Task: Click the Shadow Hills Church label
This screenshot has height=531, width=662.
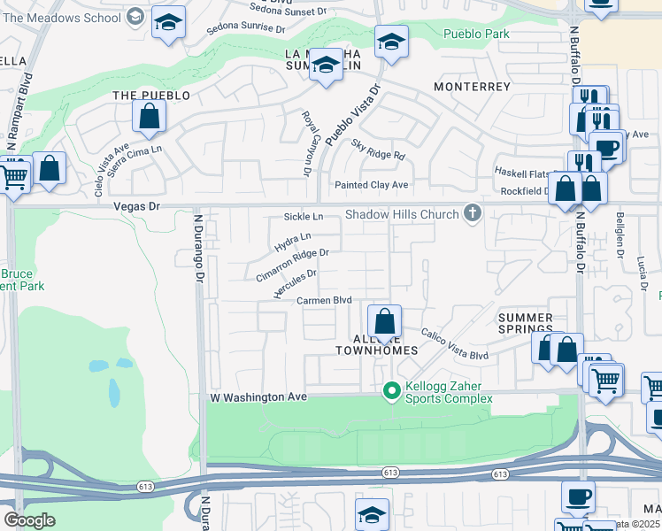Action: pyautogui.click(x=402, y=214)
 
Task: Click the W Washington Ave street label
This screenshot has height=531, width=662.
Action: pyautogui.click(x=258, y=398)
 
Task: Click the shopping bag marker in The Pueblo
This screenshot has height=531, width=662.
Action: pyautogui.click(x=150, y=116)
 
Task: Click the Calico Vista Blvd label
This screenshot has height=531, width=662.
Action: pyautogui.click(x=454, y=344)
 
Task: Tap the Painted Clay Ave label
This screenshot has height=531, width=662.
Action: pyautogui.click(x=371, y=185)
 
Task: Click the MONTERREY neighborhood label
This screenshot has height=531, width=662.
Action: pyautogui.click(x=472, y=87)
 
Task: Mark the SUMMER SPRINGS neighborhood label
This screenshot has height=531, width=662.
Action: pyautogui.click(x=525, y=324)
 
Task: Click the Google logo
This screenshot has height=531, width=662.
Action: pyautogui.click(x=29, y=520)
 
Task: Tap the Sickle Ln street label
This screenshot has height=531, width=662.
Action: pyautogui.click(x=304, y=217)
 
